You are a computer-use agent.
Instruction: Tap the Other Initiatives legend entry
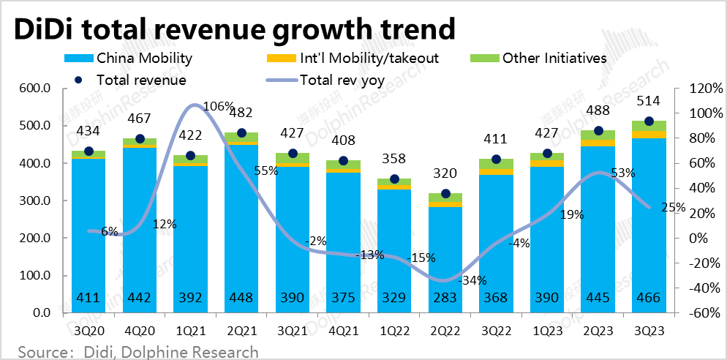[x=554, y=58]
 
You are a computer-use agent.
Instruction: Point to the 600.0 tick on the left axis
[x=34, y=89]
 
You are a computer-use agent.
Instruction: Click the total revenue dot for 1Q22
[x=393, y=179]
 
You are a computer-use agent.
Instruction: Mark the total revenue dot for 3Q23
[x=649, y=121]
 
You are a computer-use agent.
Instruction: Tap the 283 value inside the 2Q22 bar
[x=445, y=299]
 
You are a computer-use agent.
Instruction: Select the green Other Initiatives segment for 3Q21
[x=292, y=158]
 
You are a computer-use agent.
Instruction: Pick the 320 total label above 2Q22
[x=445, y=173]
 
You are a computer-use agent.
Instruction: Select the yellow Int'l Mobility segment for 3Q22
[x=496, y=172]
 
